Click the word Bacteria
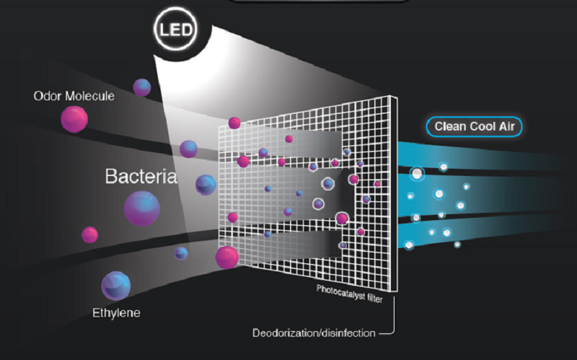tap(141, 177)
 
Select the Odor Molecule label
tap(74, 96)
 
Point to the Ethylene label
tap(116, 313)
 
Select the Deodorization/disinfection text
tap(314, 333)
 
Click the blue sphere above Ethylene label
tap(116, 286)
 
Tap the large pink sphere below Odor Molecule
tap(74, 118)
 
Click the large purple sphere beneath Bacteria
tap(141, 208)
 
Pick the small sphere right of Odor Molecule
tap(142, 87)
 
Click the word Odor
tap(46, 96)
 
